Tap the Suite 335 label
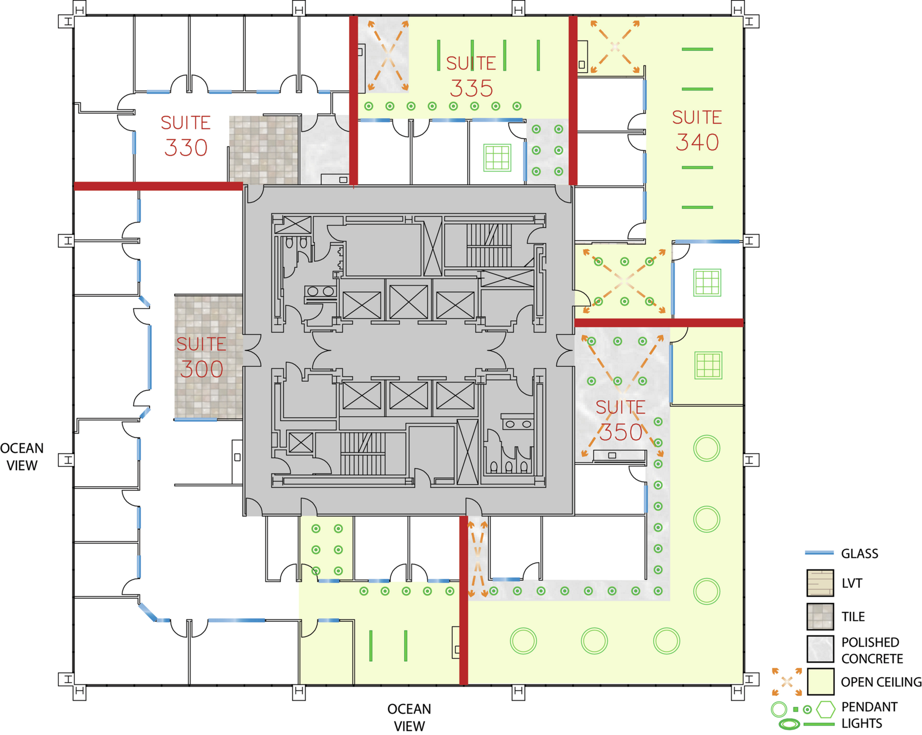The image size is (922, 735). tap(471, 76)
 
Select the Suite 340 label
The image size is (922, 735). tap(697, 131)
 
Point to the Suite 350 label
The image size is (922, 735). tap(620, 420)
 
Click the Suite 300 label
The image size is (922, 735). tap(201, 357)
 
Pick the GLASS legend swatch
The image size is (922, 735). tap(820, 553)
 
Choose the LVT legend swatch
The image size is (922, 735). tap(820, 583)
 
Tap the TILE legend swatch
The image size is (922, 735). tap(820, 616)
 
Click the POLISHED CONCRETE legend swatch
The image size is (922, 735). tap(820, 649)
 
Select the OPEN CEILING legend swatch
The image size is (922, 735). tap(820, 682)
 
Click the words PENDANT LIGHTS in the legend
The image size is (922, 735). tap(869, 715)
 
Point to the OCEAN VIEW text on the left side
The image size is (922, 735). tap(22, 457)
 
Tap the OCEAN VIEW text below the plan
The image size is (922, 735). tap(409, 718)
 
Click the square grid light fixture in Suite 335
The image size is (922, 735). tap(497, 157)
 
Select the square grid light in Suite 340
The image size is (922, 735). tap(707, 283)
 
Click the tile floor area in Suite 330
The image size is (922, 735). tap(264, 149)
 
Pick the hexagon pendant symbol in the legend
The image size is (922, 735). tap(826, 709)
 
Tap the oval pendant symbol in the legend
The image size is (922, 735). tap(789, 724)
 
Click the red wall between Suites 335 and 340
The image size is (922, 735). tap(573, 100)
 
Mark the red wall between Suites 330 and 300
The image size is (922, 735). tap(158, 186)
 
